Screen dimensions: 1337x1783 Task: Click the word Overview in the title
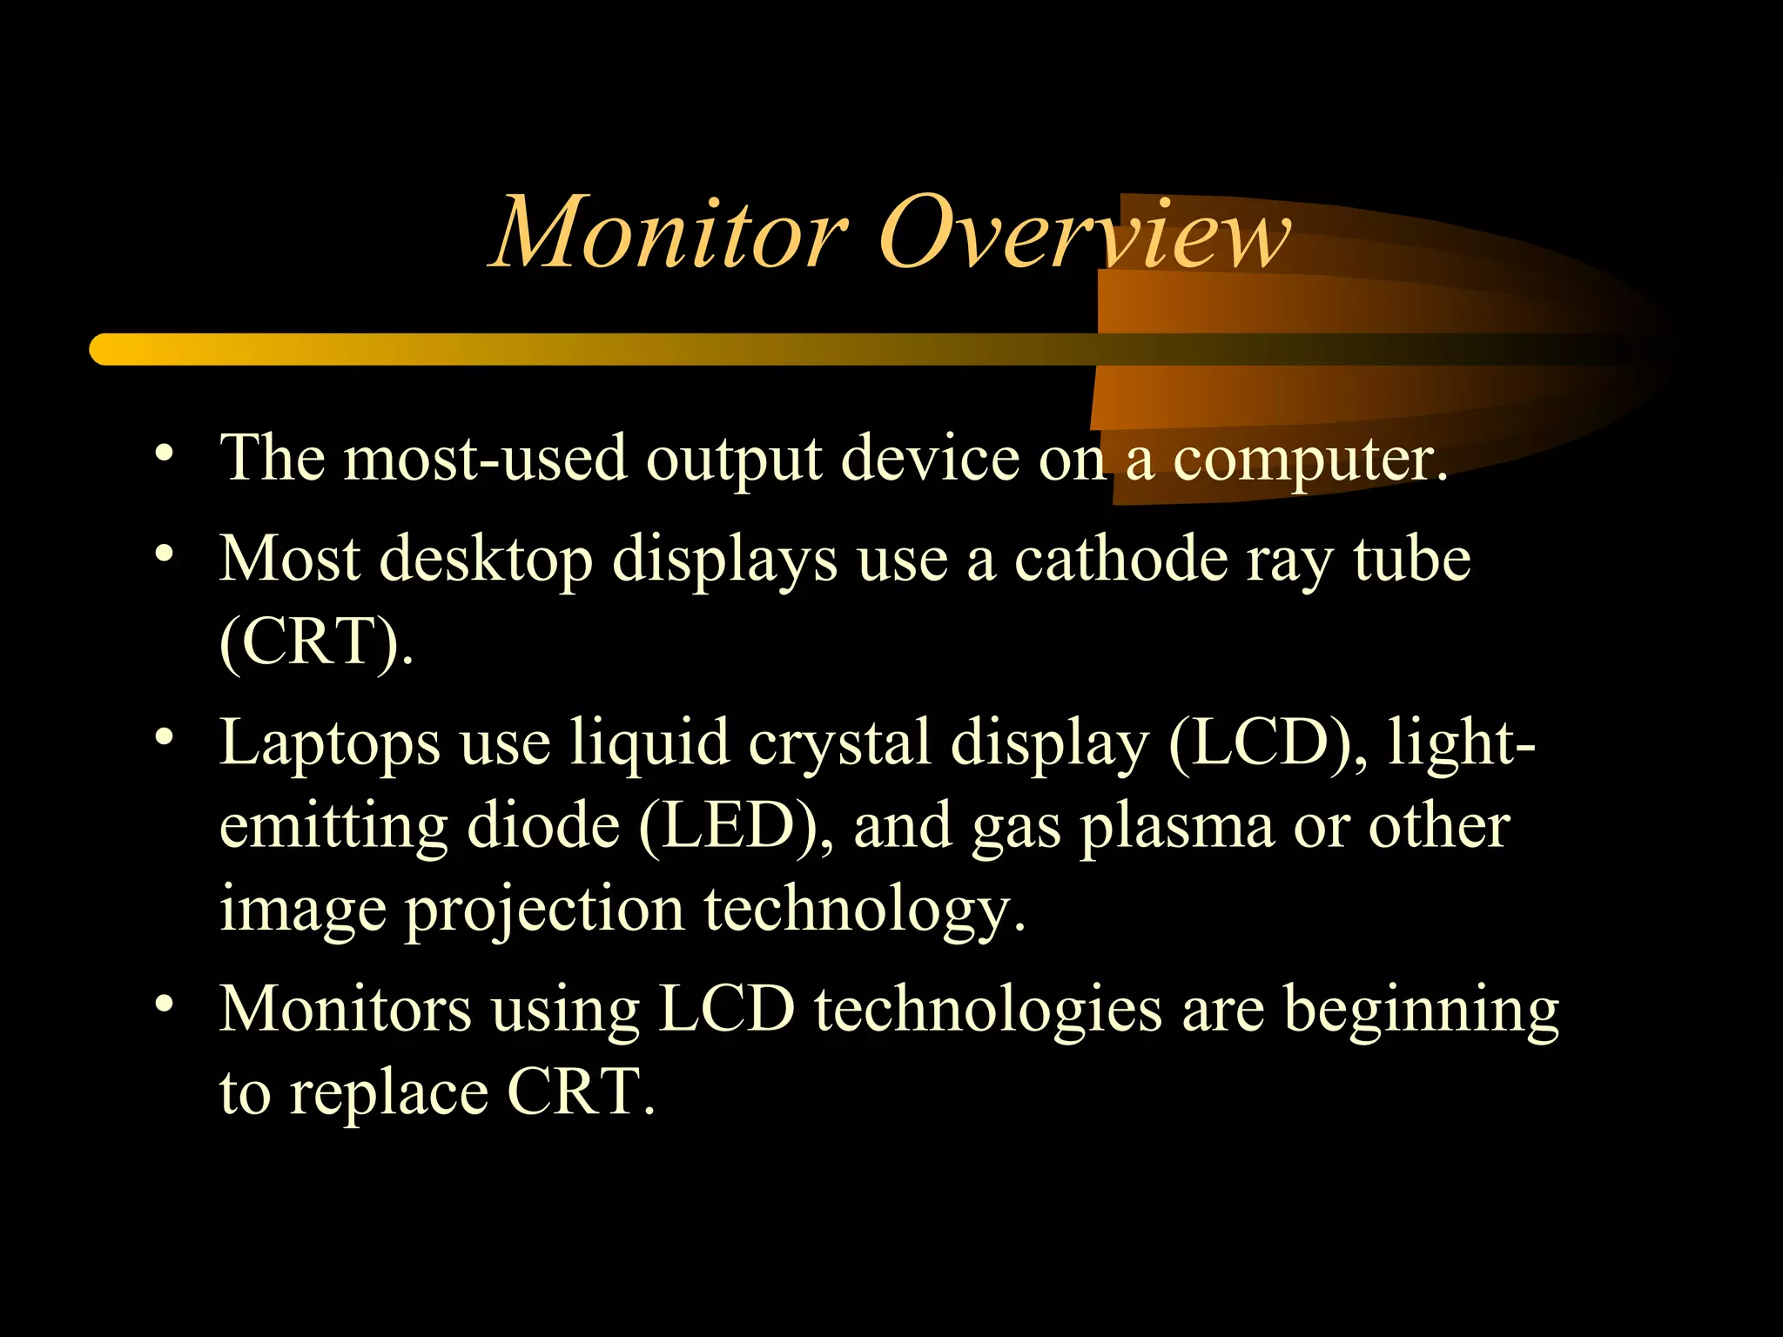[x=1085, y=233]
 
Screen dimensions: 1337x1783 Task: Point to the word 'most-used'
[x=485, y=459]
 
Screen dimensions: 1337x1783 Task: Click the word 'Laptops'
[x=330, y=745]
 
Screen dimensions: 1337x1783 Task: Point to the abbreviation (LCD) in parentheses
[x=1260, y=743]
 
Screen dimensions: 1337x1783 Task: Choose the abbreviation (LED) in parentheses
[x=729, y=826]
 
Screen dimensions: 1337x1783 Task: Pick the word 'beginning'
[x=1421, y=1012]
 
